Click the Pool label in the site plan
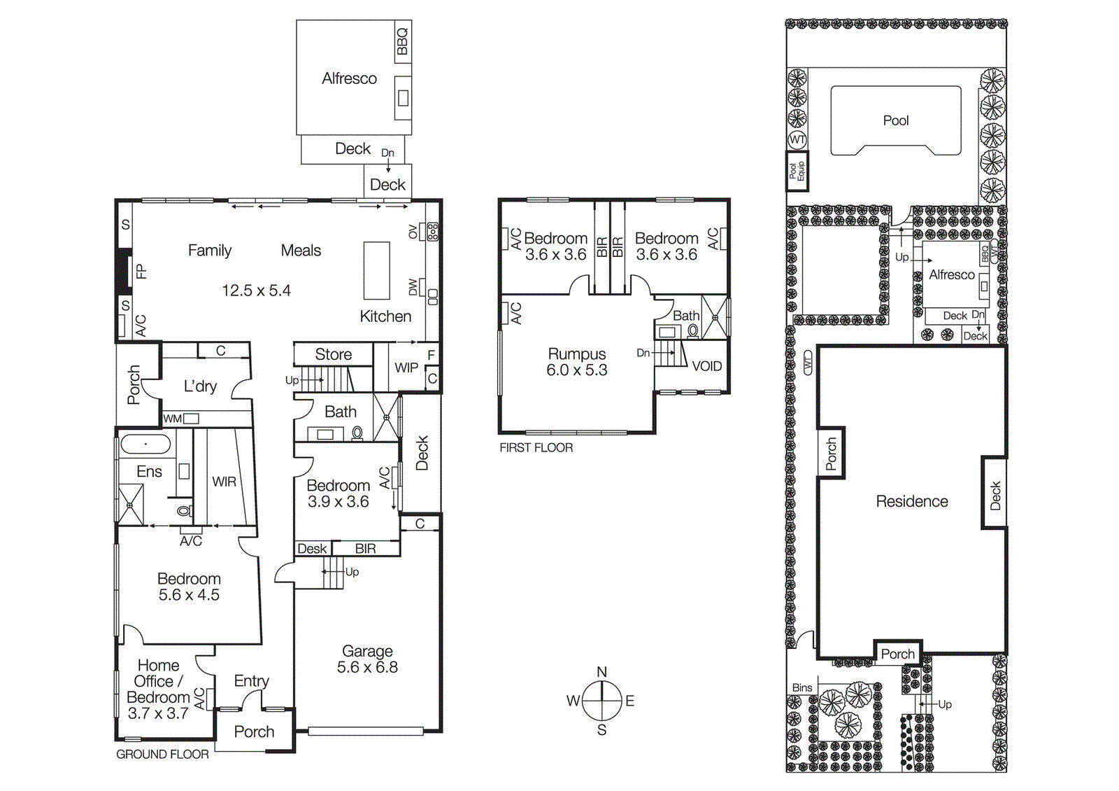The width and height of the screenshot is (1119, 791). (x=895, y=120)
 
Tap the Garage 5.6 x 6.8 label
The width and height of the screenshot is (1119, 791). (x=367, y=659)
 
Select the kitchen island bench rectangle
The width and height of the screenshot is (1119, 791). (x=376, y=271)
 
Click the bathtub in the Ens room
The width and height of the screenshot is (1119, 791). (x=145, y=444)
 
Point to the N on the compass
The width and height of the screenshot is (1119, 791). (x=601, y=672)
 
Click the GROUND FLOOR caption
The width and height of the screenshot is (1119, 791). (x=162, y=754)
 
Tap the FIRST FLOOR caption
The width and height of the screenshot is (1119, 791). (x=536, y=447)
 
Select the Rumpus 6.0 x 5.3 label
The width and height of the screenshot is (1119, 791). (x=577, y=362)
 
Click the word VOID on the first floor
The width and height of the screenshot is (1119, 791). (x=706, y=366)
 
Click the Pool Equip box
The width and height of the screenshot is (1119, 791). (x=797, y=171)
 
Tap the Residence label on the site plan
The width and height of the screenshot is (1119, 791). (x=912, y=501)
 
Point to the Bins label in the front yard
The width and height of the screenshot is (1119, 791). (x=802, y=687)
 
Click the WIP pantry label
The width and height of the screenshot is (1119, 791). (x=406, y=367)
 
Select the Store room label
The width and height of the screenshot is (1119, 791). (x=333, y=354)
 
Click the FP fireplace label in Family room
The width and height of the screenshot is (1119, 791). (x=141, y=271)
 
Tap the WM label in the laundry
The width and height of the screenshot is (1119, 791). (x=172, y=419)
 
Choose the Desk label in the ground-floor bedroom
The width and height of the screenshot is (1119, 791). (x=312, y=549)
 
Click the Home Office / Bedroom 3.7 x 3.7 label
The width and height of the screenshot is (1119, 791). (x=159, y=689)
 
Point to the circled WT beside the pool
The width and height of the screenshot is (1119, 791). (x=797, y=139)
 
